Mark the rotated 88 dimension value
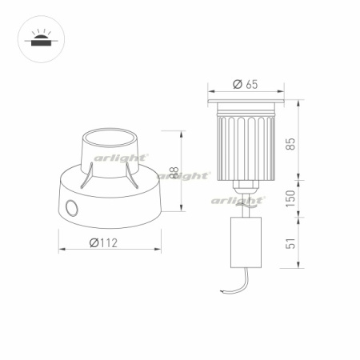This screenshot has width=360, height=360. coord(174,172)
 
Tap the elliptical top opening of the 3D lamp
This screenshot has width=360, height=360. coord(112,135)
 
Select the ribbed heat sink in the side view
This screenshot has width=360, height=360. coord(246,146)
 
